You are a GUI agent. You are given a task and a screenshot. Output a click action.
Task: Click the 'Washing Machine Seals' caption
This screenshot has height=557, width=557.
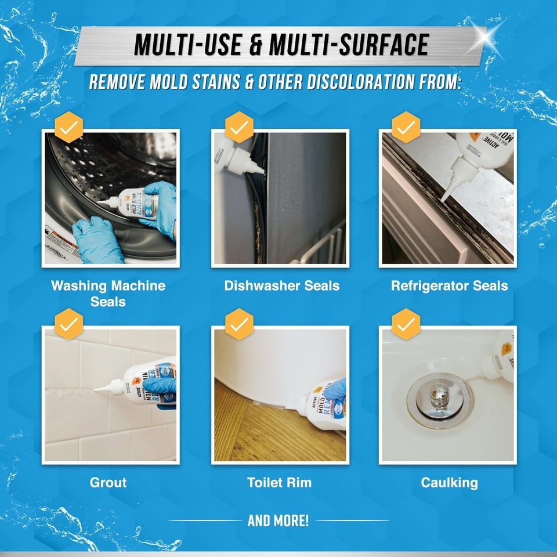point(108,293)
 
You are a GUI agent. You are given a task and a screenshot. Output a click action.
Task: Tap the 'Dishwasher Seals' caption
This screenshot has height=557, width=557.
point(282,285)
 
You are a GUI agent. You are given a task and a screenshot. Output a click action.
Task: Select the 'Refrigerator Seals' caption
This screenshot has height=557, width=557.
point(449,285)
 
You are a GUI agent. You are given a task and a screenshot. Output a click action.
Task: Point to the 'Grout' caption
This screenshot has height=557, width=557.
point(108,482)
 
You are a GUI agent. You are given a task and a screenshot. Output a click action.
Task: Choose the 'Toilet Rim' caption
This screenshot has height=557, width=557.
point(280,482)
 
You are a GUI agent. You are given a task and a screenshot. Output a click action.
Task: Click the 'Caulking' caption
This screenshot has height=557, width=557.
point(449,482)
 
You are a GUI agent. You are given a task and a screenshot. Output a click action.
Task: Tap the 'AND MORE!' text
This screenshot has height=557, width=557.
point(278,520)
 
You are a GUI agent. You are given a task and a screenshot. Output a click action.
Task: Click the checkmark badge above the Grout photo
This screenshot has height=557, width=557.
point(68,323)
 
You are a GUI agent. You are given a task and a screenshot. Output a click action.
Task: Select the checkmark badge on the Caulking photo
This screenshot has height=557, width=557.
point(407,323)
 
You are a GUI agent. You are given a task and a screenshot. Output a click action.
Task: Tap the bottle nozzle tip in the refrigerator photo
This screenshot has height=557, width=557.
point(443,197)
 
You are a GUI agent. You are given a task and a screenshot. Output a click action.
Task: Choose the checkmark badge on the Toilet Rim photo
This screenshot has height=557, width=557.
point(238,323)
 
